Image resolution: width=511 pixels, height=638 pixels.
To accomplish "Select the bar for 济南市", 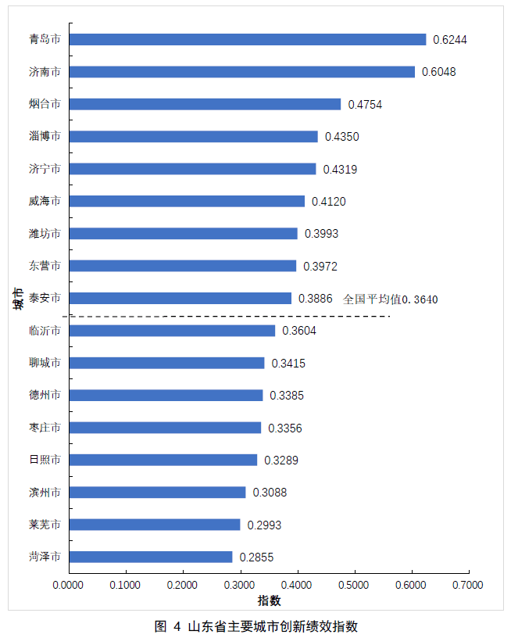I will [x=241, y=72].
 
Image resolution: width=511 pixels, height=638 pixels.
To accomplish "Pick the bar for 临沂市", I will [x=172, y=331].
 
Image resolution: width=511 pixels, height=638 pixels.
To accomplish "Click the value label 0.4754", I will [x=365, y=105].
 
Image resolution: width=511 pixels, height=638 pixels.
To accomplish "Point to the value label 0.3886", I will [x=316, y=299].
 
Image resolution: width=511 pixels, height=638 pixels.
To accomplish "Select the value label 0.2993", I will [x=264, y=525].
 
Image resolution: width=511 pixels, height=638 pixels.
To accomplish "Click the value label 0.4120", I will [x=328, y=202].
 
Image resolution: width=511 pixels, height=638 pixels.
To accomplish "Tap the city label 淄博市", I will [x=45, y=136].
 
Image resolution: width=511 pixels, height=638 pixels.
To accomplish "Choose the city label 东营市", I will [x=45, y=266].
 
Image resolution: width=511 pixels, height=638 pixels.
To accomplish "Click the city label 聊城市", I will [x=45, y=363].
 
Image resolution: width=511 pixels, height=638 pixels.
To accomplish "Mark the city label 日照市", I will [x=45, y=460].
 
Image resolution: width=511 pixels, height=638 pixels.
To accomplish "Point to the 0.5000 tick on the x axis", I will [x=354, y=585].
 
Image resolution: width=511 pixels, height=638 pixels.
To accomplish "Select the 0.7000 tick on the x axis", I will [x=468, y=585].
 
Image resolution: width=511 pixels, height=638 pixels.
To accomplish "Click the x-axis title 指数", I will [x=269, y=600].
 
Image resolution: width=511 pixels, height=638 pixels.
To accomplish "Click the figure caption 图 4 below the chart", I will [x=256, y=626].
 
